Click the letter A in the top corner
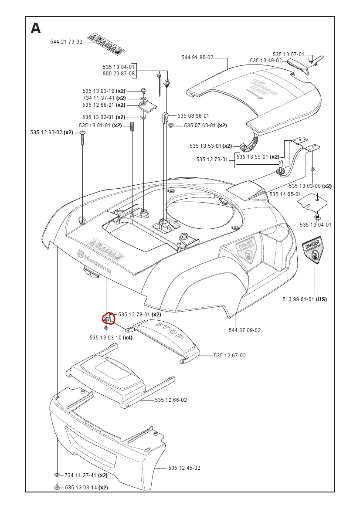pyautogui.click(x=36, y=28)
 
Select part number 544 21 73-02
pyautogui.click(x=66, y=42)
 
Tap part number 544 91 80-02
pyautogui.click(x=197, y=58)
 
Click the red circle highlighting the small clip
pyautogui.click(x=108, y=319)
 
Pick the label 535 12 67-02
pyautogui.click(x=230, y=356)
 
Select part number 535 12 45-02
pyautogui.click(x=184, y=468)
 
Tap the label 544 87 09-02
pyautogui.click(x=245, y=330)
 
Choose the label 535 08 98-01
pyautogui.click(x=193, y=116)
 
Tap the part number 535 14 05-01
pyautogui.click(x=285, y=194)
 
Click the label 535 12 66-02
pyautogui.click(x=171, y=400)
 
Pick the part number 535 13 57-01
pyautogui.click(x=289, y=54)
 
